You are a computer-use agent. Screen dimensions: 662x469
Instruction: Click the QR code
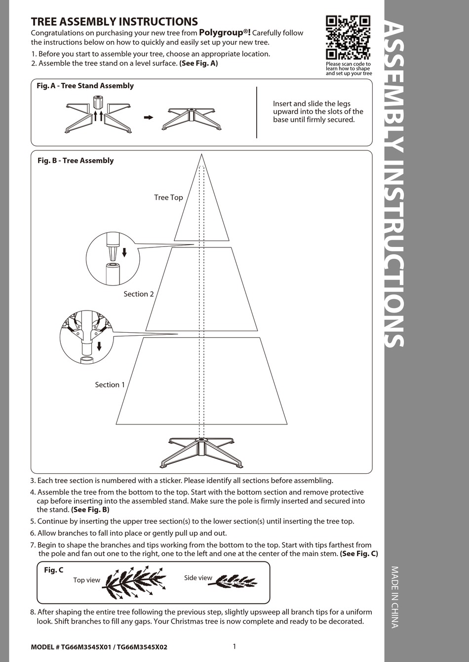tap(348, 37)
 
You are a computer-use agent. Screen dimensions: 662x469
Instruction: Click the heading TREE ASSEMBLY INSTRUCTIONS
tap(114, 22)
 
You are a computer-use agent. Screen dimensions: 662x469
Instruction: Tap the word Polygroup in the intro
tap(222, 33)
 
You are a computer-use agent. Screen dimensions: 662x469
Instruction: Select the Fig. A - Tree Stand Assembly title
tap(85, 86)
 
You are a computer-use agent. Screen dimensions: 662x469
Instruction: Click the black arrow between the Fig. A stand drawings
tap(148, 117)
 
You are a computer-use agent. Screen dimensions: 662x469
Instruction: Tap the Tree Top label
tap(168, 198)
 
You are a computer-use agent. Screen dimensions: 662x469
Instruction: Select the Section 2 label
tap(138, 294)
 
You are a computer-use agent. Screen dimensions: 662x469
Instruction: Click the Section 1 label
tap(110, 385)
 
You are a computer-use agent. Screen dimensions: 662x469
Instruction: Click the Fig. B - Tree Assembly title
tap(76, 161)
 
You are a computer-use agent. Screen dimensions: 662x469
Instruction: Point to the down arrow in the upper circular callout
tap(124, 252)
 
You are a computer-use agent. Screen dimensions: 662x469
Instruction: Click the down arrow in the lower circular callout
tap(99, 346)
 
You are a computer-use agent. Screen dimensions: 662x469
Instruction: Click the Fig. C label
tap(53, 570)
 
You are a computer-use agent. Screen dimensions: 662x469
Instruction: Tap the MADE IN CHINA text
tap(395, 596)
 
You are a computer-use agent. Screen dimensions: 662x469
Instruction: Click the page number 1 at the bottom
tap(234, 646)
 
